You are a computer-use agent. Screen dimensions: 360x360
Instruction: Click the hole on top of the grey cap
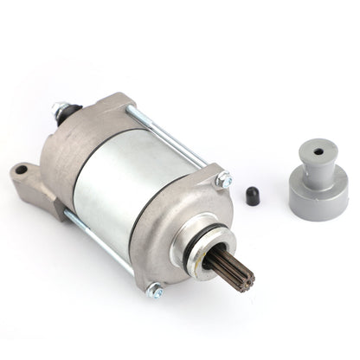(318, 151)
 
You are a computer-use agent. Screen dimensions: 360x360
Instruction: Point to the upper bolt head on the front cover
(224, 181)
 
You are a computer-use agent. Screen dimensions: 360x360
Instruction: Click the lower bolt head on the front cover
(156, 290)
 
